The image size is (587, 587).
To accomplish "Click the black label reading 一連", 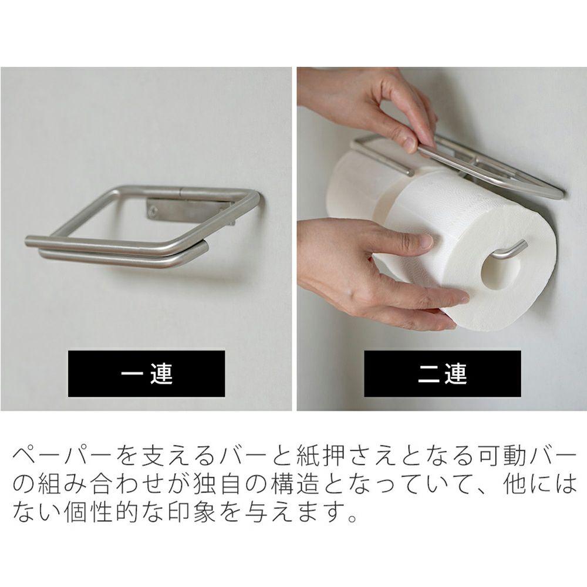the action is click(x=146, y=373).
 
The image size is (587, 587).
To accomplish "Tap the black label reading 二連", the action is click(x=442, y=373).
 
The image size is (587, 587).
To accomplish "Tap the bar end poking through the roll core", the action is click(x=509, y=249).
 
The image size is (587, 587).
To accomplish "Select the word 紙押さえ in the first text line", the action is click(x=338, y=457).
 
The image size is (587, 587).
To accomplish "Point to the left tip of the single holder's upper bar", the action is click(x=27, y=241).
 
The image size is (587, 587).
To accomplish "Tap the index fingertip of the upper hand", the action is click(x=409, y=145).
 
